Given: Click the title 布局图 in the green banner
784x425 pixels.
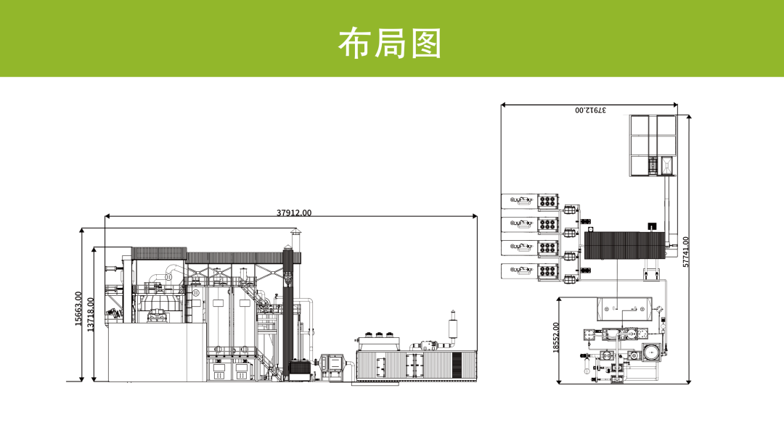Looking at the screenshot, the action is click(390, 43).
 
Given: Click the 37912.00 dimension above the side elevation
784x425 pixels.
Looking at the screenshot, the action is click(293, 213).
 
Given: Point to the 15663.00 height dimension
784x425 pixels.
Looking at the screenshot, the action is click(79, 309).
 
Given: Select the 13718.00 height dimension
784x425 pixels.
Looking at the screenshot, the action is click(91, 313).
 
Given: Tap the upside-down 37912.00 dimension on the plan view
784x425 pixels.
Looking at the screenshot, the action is click(590, 110).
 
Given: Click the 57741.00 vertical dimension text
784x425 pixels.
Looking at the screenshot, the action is click(686, 251).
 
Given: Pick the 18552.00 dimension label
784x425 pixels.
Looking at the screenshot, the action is click(556, 337).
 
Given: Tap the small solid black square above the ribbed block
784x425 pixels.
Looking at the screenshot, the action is click(651, 226).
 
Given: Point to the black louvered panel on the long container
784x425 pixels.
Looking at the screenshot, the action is click(463, 363).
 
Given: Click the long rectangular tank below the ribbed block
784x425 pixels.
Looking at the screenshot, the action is click(621, 309).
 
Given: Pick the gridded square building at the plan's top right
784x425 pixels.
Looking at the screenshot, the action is click(652, 144).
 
